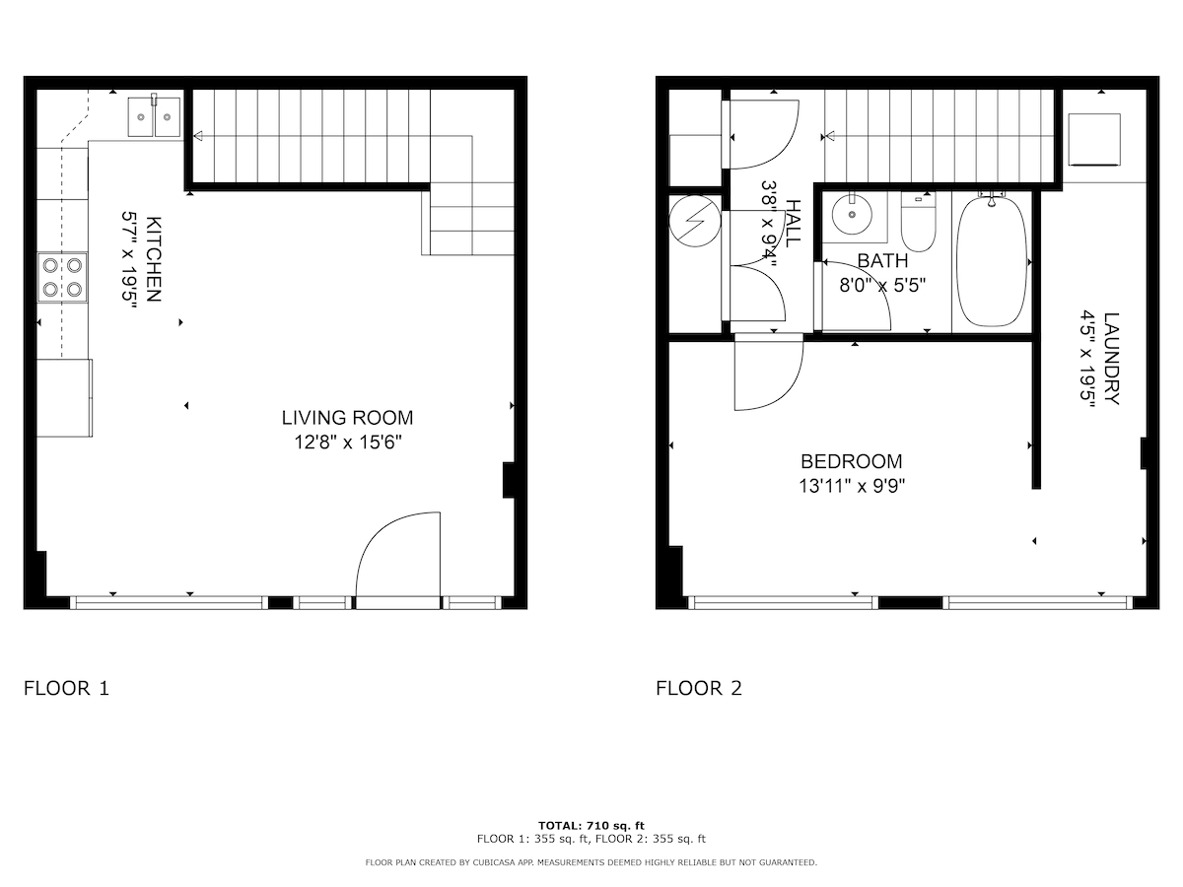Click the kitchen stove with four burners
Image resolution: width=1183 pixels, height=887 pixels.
62,277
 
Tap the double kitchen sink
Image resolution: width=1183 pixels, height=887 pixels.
154,117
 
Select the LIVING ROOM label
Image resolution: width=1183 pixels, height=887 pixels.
347,417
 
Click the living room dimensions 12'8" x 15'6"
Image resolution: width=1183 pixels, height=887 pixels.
348,443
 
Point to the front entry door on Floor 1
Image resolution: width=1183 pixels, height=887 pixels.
397,560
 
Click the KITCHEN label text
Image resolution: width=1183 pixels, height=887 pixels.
154,259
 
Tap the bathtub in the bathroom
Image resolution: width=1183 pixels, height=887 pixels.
992,262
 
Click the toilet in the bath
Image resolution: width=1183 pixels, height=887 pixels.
919,222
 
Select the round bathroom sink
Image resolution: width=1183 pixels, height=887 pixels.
852,214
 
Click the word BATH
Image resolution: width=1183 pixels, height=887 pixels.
882,260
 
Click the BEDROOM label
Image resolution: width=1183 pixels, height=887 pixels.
851,461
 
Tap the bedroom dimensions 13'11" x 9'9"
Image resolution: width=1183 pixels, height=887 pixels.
852,486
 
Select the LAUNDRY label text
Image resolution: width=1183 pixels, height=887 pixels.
1111,358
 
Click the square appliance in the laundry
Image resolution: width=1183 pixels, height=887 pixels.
1094,140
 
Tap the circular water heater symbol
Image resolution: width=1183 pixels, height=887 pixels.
695,221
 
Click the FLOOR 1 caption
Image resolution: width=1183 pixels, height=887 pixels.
66,688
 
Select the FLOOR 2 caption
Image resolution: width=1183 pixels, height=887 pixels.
699,688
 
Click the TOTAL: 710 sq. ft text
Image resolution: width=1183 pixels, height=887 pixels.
591,825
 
